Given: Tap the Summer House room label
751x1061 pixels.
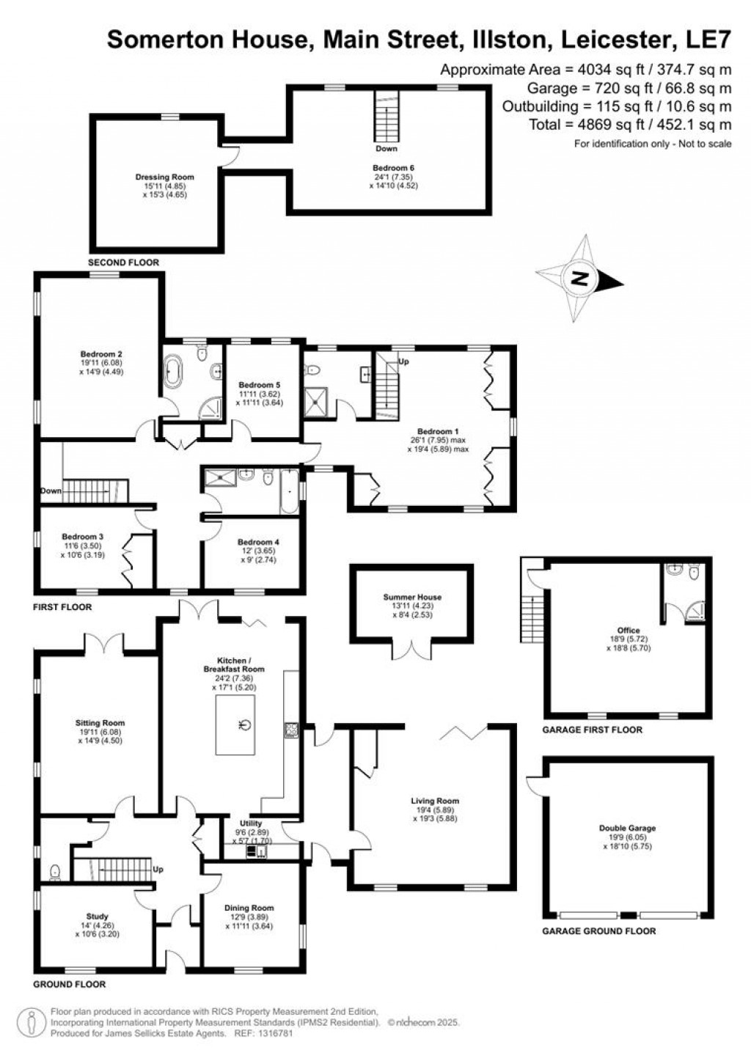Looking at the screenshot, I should (x=412, y=597).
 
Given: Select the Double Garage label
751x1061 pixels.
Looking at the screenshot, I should (x=627, y=828).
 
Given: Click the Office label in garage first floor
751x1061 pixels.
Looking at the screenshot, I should (x=628, y=631).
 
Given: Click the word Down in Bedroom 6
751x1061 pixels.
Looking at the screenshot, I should (x=386, y=149).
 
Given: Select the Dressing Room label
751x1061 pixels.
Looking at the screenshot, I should (x=164, y=177).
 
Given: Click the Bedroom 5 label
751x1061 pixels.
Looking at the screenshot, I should (x=259, y=385).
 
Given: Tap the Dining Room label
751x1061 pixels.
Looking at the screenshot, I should (x=249, y=908).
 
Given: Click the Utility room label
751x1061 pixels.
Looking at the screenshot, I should (x=251, y=823).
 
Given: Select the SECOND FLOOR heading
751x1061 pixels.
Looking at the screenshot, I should (x=123, y=263).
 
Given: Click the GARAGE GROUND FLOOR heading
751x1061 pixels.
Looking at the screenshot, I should (x=598, y=931).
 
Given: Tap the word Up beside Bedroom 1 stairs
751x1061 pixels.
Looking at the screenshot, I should (x=403, y=361).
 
